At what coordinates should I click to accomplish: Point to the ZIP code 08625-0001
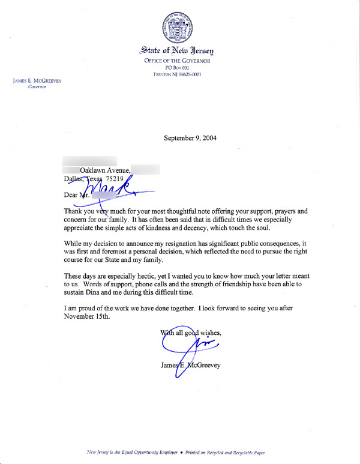(189, 75)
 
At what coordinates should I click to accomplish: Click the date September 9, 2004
(190, 137)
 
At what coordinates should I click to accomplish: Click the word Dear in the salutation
(70, 194)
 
